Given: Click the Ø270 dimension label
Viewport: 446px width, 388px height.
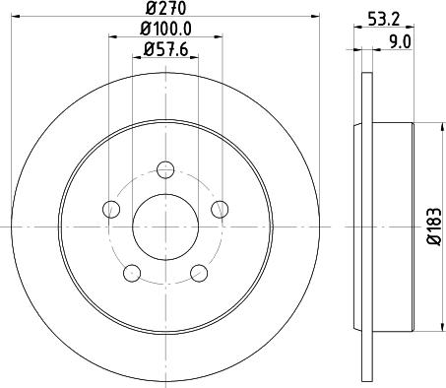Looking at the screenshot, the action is tap(165, 8).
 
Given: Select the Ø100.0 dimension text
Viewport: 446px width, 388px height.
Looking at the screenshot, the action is tap(165, 29).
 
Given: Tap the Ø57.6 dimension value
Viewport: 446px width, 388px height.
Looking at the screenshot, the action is tap(165, 50).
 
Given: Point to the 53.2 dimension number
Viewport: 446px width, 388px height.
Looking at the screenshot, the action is tap(383, 21).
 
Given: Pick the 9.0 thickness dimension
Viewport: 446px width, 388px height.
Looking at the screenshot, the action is tap(400, 42).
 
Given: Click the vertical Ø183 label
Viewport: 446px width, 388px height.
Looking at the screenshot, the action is tap(434, 226).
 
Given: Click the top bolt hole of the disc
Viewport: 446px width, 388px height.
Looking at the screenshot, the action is tap(165, 169).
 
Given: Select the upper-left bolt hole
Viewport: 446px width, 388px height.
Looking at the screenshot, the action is tap(111, 209).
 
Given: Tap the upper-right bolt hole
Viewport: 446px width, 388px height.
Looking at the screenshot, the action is tap(220, 209).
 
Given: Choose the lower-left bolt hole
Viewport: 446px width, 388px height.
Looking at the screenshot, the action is tap(132, 273).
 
